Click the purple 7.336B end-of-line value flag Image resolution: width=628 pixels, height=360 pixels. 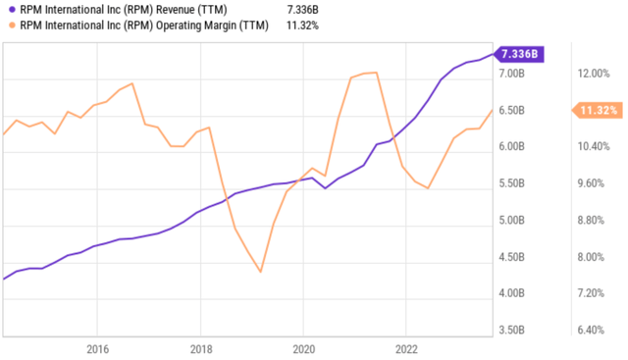(x=516, y=54)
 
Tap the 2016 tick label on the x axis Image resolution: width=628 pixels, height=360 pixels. (x=97, y=348)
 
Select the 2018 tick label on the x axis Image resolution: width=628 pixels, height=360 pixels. (x=200, y=348)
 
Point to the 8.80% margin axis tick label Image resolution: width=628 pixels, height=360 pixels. (x=595, y=220)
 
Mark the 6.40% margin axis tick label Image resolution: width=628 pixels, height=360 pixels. (x=595, y=331)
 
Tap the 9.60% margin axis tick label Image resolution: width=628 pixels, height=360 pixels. (x=595, y=183)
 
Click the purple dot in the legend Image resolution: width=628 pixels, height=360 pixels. (x=9, y=8)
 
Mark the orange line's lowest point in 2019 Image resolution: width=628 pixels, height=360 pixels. (x=260, y=271)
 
